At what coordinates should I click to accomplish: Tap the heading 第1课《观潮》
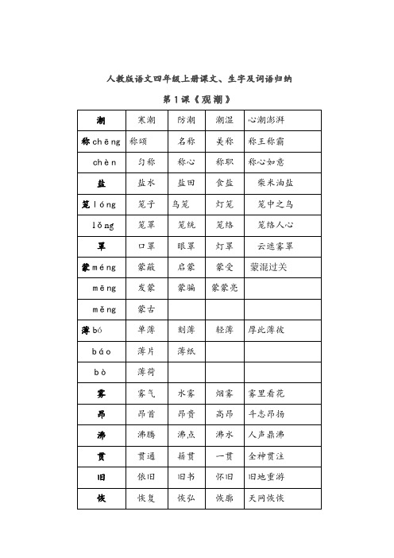tap(196, 99)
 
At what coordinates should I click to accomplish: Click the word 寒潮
tap(146, 120)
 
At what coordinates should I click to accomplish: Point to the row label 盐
tap(102, 182)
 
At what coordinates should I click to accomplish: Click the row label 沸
tap(102, 434)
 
